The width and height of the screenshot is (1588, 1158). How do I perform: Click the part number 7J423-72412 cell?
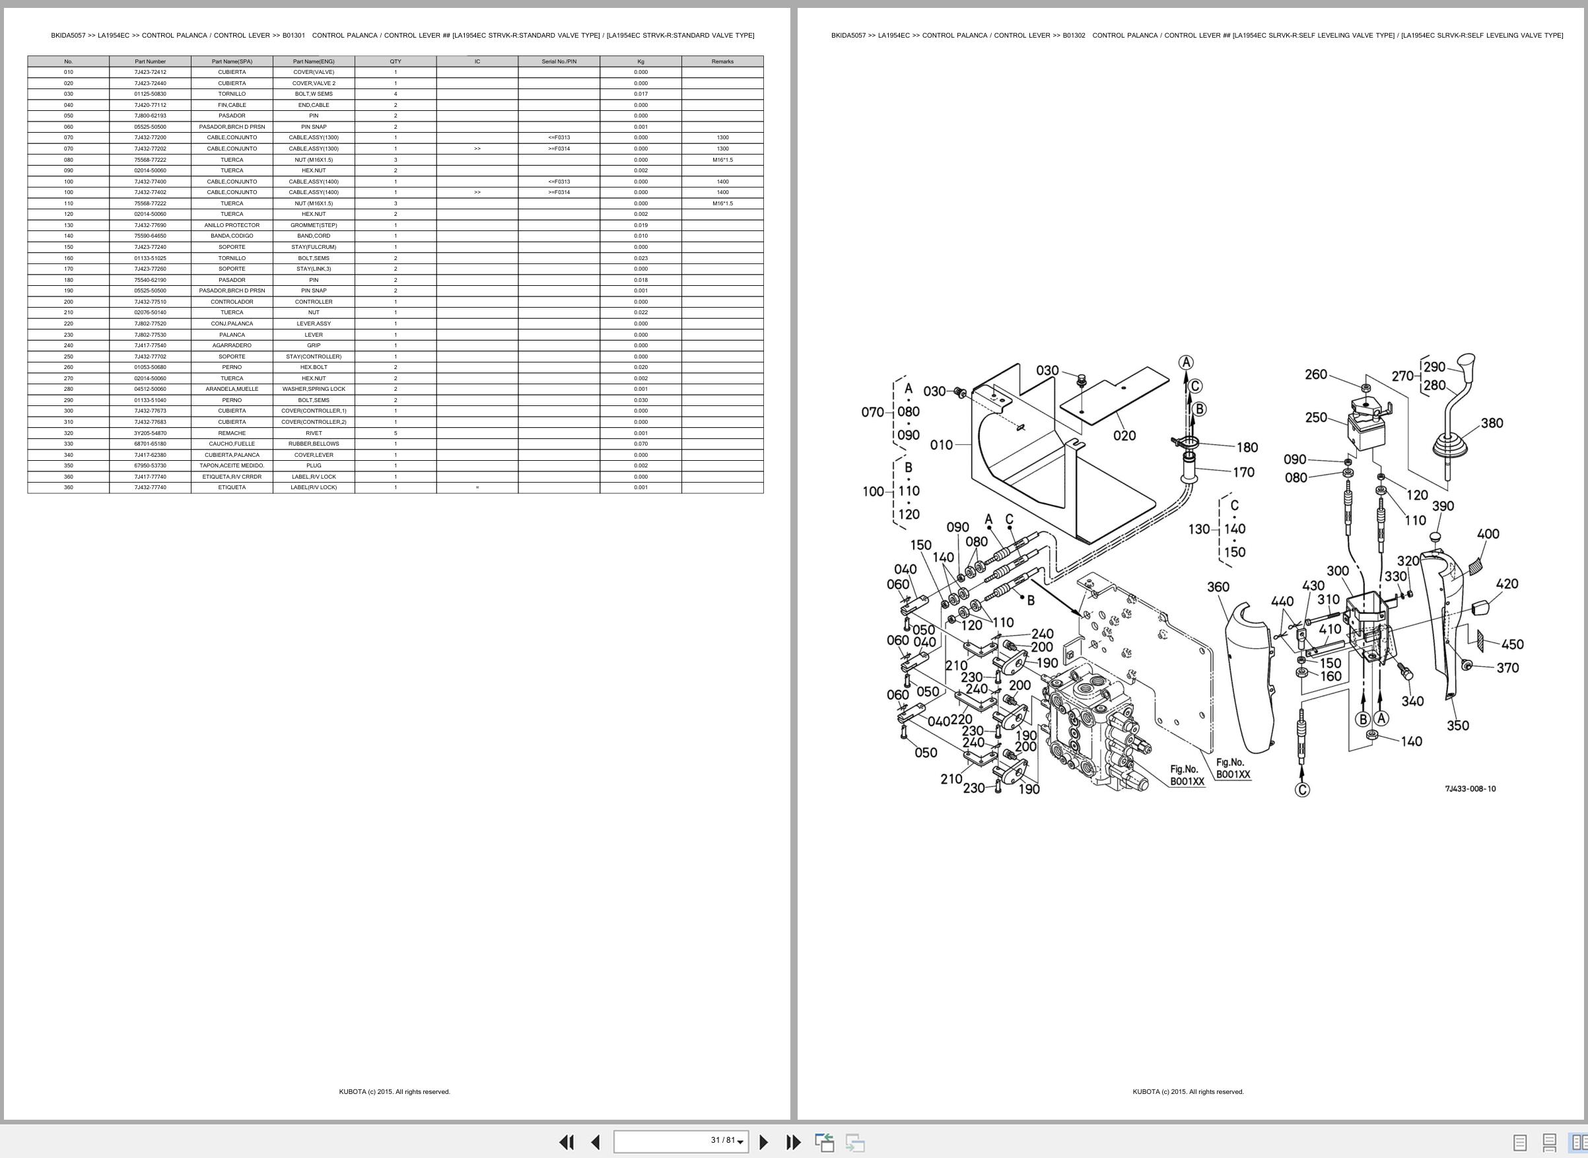coord(150,72)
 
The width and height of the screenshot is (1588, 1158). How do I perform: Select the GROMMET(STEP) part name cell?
coord(314,225)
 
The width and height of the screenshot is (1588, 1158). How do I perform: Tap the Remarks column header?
coord(722,61)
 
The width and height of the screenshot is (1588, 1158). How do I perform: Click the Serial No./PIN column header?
coord(559,61)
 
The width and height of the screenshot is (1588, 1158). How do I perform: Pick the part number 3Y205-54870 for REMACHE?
coord(150,433)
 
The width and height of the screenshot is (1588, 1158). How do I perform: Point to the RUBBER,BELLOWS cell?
coord(314,444)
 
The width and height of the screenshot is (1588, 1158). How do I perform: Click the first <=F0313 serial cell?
coord(559,137)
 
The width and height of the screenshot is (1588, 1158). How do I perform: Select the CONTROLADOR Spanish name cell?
coord(232,302)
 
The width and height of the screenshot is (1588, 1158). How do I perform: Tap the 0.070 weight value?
coord(640,444)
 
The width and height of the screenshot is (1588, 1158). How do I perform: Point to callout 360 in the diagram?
coord(1218,587)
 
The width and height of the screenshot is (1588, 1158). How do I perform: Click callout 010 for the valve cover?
coord(941,444)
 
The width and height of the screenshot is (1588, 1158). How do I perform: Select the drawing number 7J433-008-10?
coord(1470,788)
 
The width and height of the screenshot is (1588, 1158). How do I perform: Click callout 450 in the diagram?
coord(1512,644)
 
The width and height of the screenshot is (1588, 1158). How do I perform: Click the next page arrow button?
coord(763,1142)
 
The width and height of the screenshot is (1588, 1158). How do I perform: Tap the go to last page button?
coord(793,1142)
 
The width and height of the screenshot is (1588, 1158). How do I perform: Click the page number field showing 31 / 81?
coord(681,1141)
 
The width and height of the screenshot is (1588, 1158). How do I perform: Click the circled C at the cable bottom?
coord(1302,790)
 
